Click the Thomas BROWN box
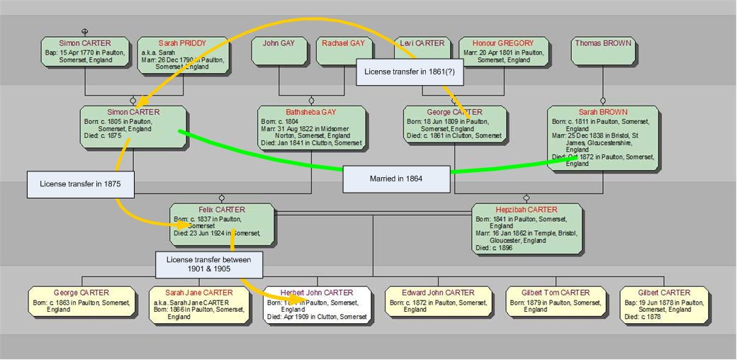[x=603, y=52]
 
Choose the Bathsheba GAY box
[x=311, y=128]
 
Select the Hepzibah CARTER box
[x=527, y=228]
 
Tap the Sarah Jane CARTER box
[x=199, y=305]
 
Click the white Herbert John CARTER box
[x=317, y=305]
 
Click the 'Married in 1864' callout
[x=396, y=179]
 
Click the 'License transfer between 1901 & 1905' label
[x=209, y=264]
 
